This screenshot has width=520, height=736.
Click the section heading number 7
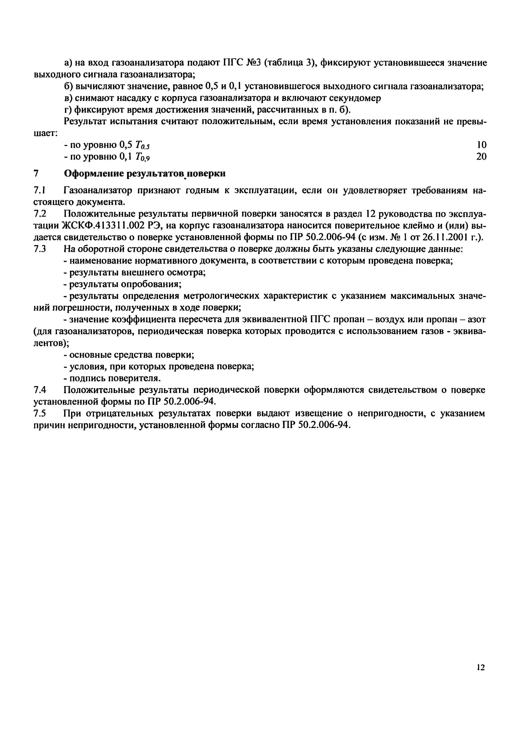pos(36,174)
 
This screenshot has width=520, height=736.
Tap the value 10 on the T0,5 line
pos(481,145)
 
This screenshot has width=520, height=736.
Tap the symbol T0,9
pos(143,157)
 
